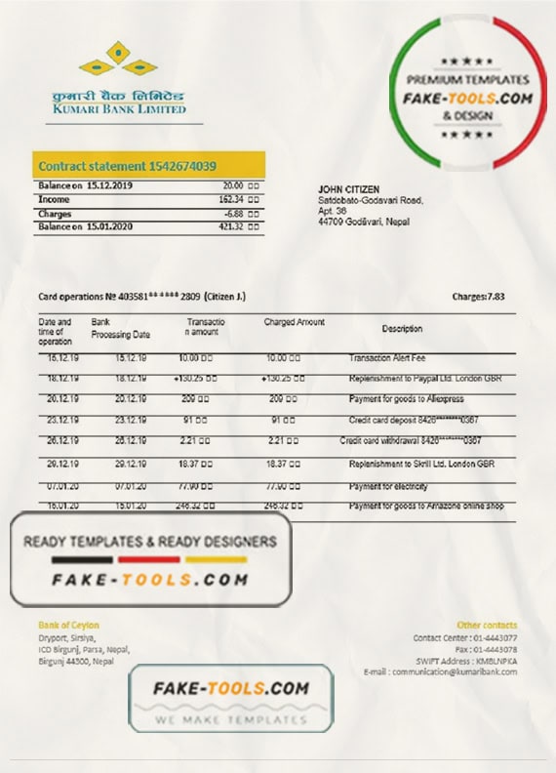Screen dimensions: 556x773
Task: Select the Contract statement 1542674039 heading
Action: pos(127,166)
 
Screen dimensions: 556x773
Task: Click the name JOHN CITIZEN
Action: pos(349,188)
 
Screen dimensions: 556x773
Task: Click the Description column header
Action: pos(402,329)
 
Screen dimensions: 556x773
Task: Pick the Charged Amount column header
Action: pos(294,322)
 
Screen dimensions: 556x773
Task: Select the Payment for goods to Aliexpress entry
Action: pos(406,399)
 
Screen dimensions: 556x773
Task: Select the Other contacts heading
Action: pos(487,625)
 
